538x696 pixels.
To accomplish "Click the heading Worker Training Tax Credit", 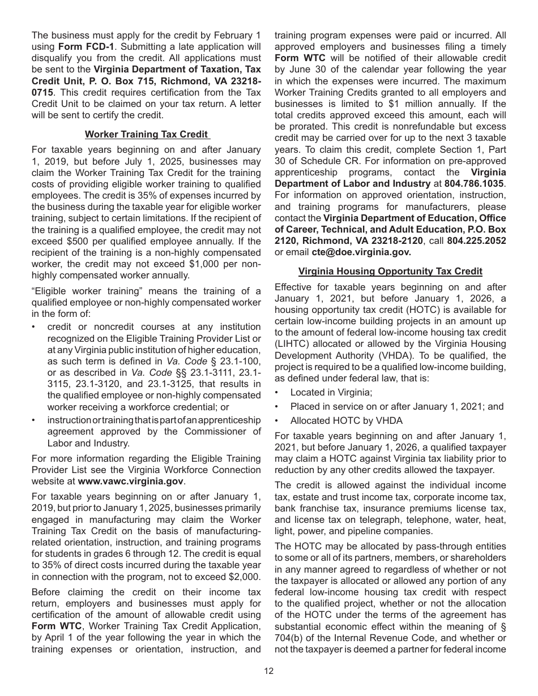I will pyautogui.click(x=147, y=135).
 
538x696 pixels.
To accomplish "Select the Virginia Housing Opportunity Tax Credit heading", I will pyautogui.click(x=390, y=271).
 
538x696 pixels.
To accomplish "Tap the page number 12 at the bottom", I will pyautogui.click(x=268, y=671).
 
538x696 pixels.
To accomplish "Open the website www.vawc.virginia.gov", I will pyautogui.click(x=131, y=482).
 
